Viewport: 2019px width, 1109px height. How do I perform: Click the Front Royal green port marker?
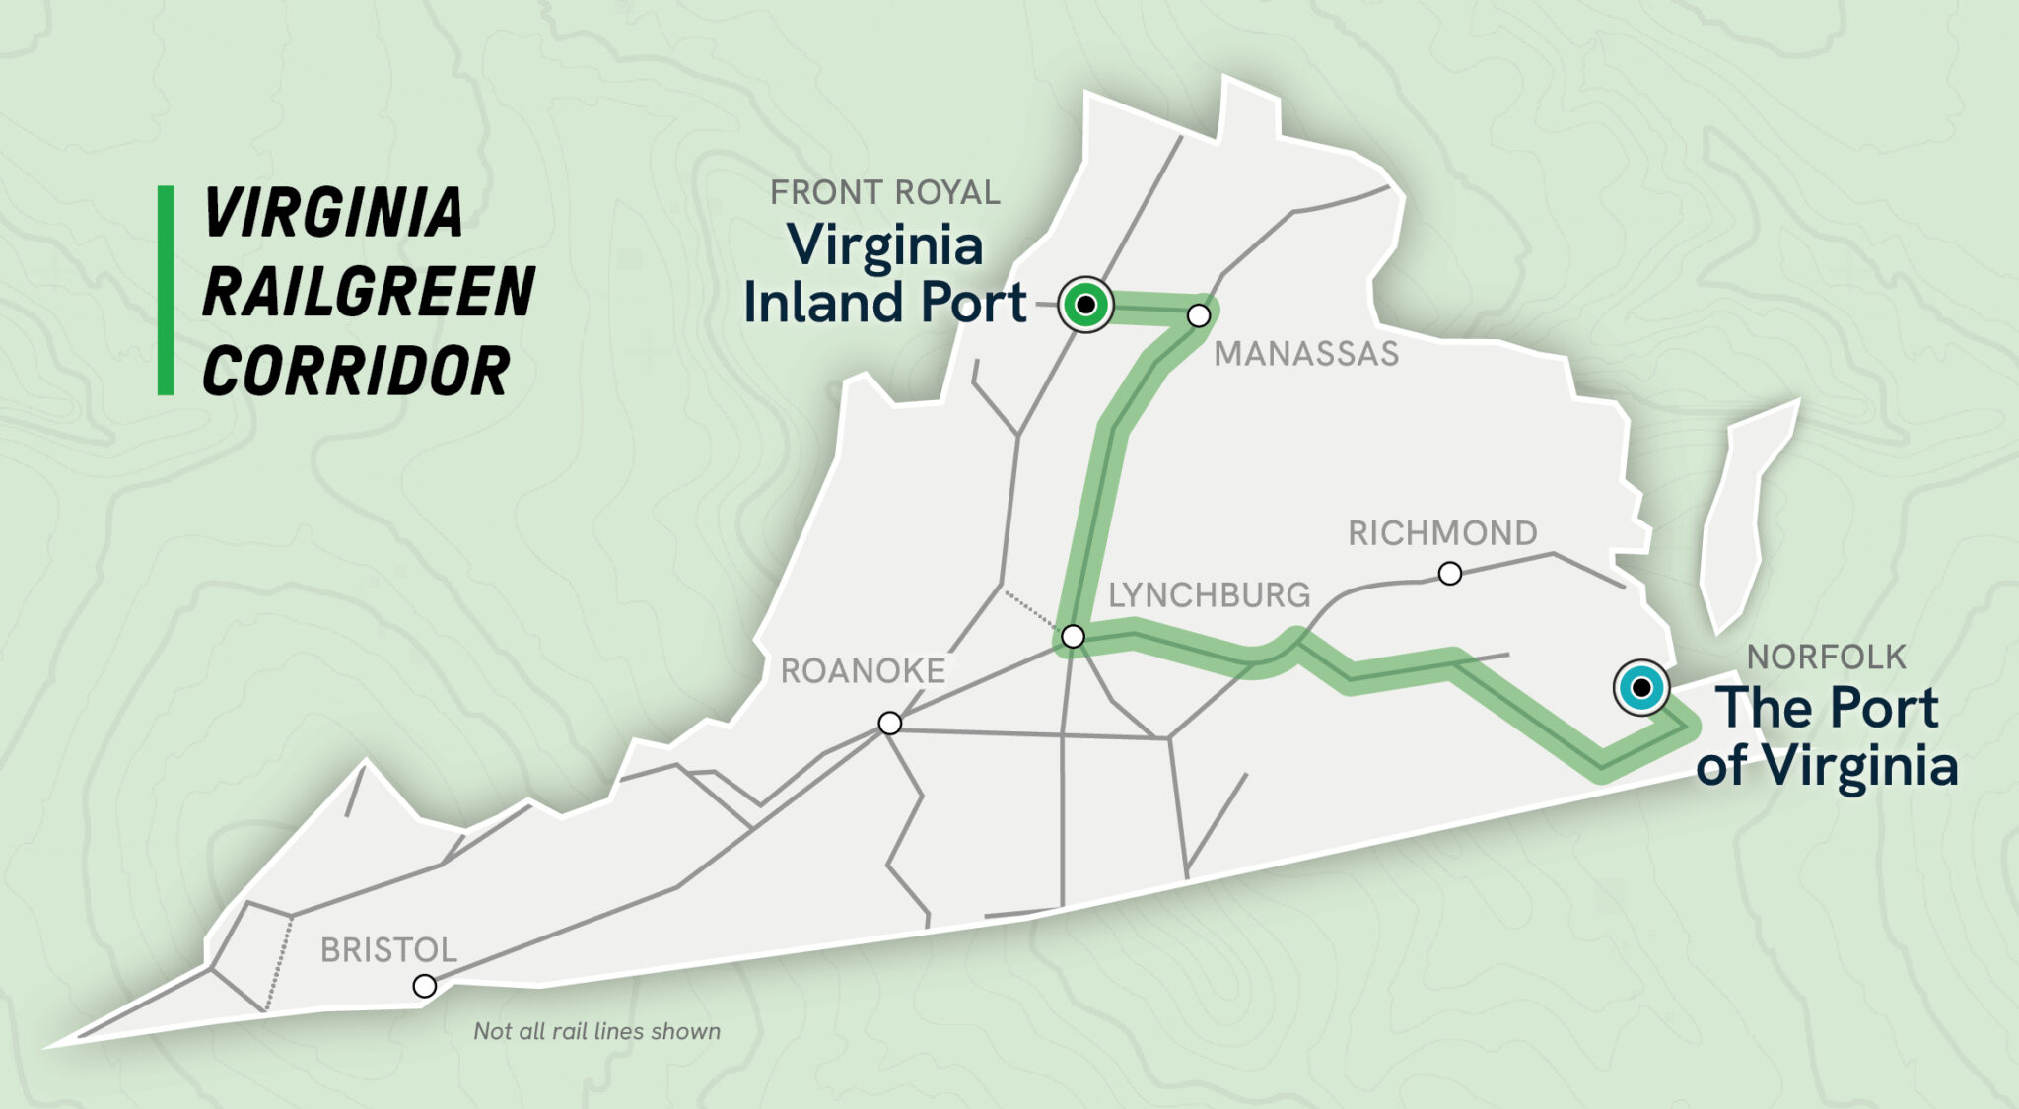click(1085, 305)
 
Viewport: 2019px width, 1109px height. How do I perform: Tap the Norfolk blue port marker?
click(1640, 687)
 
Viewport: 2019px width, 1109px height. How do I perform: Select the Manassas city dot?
click(1199, 315)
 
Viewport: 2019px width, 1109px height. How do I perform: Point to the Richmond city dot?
click(1449, 573)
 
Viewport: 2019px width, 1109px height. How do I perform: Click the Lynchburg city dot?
click(1073, 637)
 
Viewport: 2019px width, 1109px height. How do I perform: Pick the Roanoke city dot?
click(889, 724)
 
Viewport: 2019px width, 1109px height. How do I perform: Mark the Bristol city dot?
click(424, 986)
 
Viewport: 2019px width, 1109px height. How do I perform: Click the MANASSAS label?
click(1305, 354)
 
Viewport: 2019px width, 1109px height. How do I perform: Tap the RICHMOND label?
click(1442, 533)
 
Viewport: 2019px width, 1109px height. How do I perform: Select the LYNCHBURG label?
click(1209, 595)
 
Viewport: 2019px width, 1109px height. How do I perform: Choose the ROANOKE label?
click(863, 671)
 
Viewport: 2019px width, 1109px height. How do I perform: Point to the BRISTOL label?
click(388, 950)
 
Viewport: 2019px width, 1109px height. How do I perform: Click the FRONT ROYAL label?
click(884, 193)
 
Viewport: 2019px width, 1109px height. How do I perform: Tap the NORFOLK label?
click(1826, 658)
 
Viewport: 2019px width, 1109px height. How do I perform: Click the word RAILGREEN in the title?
click(368, 292)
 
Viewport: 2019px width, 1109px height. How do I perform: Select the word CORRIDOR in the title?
click(355, 372)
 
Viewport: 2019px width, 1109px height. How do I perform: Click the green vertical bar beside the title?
click(166, 291)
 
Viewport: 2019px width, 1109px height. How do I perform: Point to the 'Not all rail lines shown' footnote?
click(596, 1031)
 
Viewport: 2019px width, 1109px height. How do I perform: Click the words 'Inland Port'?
click(884, 303)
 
